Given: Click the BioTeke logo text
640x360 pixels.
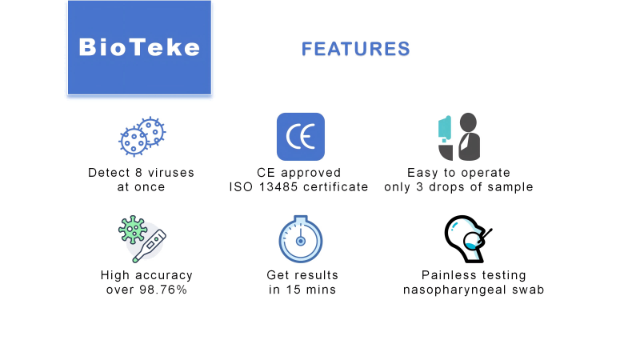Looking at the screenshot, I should pos(139,47).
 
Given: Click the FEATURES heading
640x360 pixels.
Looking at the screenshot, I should pos(355,49).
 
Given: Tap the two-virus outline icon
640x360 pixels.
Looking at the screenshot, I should pos(142,137).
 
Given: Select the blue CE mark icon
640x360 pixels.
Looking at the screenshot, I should pos(300,137).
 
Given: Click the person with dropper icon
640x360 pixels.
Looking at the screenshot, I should pos(458,137).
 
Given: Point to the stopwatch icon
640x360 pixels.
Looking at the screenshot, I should pos(301,238).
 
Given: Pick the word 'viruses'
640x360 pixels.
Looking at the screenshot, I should pos(167,173).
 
